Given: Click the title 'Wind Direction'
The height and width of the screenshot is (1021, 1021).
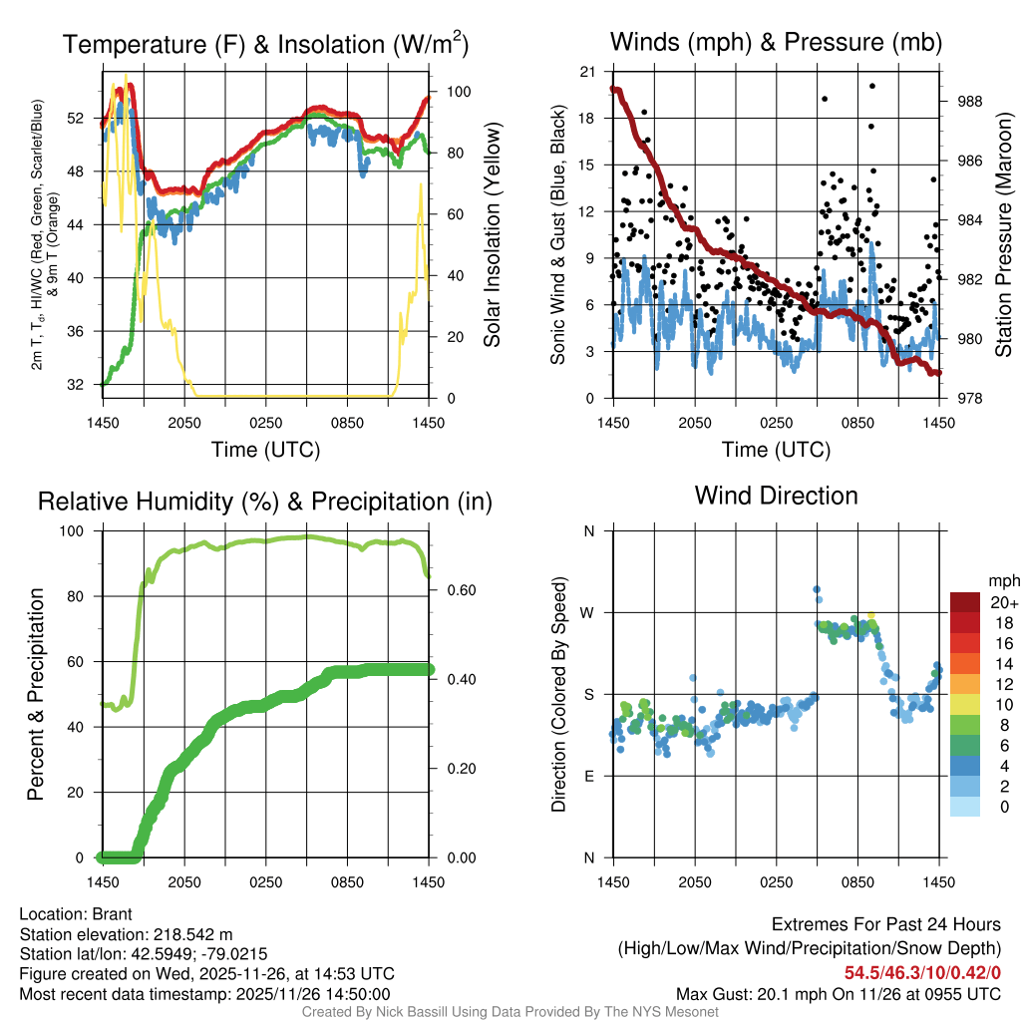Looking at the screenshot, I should tap(776, 496).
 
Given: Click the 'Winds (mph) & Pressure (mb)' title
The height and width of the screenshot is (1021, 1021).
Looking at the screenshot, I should tap(776, 42).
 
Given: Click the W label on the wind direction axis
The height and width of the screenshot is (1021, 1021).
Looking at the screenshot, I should tap(588, 612).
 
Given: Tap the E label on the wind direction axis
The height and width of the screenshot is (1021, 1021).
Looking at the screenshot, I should tap(589, 776).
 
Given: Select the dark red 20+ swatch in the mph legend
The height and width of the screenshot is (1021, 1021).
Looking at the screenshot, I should tap(965, 602).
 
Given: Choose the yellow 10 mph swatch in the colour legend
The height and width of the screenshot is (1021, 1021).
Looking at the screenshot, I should tap(965, 704).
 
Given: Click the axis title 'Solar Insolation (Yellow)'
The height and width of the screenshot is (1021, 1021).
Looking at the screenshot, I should tap(493, 234).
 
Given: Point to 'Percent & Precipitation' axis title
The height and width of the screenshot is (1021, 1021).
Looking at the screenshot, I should tap(35, 694).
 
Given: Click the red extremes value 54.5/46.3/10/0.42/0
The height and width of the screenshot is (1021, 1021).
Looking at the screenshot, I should tap(922, 972).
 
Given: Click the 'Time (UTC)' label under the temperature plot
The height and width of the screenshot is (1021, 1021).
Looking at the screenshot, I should tap(266, 450).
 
